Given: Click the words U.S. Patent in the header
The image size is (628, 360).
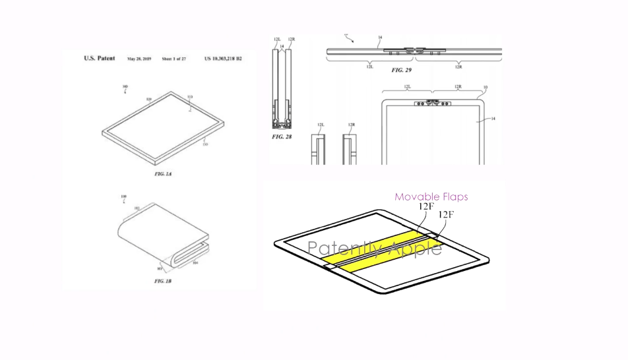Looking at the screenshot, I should [x=99, y=59].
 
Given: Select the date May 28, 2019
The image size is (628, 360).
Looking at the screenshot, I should [x=139, y=59].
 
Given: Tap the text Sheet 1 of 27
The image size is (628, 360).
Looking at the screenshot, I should [x=174, y=59].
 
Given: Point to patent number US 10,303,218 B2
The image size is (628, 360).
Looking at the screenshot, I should [x=223, y=59].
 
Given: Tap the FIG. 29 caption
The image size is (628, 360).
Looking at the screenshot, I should [x=401, y=69].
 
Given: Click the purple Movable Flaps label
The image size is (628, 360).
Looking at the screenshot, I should [x=431, y=196].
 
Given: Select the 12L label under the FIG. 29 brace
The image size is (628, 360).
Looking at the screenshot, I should [x=369, y=67].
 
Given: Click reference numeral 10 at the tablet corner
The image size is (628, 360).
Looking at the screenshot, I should [x=486, y=87].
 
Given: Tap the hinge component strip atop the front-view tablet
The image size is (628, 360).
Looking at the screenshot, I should [x=432, y=104].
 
